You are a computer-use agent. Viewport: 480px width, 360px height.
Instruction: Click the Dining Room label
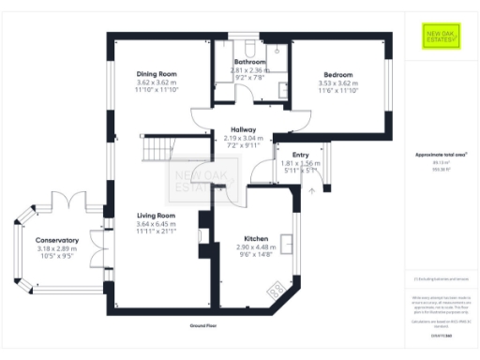click(157, 74)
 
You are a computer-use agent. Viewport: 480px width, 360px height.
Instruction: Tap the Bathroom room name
click(250, 61)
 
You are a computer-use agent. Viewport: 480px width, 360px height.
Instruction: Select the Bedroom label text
click(338, 74)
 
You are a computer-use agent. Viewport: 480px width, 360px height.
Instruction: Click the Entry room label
click(301, 155)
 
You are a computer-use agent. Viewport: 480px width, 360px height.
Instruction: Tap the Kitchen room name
click(256, 239)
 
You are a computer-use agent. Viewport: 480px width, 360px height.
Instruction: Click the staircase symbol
click(157, 149)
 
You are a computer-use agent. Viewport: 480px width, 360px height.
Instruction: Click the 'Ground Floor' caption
click(203, 325)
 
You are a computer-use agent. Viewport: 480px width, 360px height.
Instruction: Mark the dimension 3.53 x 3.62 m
click(338, 82)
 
